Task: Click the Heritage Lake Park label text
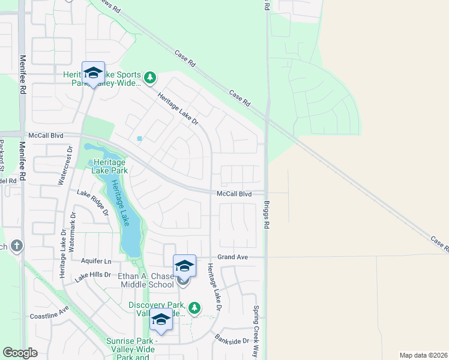(x=109, y=166)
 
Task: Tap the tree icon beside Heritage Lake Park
(x=91, y=163)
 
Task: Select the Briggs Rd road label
(x=267, y=214)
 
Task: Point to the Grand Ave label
(x=233, y=257)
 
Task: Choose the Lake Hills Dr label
(x=93, y=275)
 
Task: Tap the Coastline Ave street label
(x=49, y=314)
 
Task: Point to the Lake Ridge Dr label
(x=93, y=202)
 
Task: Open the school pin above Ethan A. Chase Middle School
(x=184, y=266)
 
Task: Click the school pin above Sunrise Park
(x=160, y=321)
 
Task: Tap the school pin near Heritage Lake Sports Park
(x=93, y=73)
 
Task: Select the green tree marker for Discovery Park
(x=194, y=308)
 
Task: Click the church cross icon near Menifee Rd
(x=16, y=245)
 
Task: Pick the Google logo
(x=20, y=353)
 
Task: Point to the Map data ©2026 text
(x=423, y=355)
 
